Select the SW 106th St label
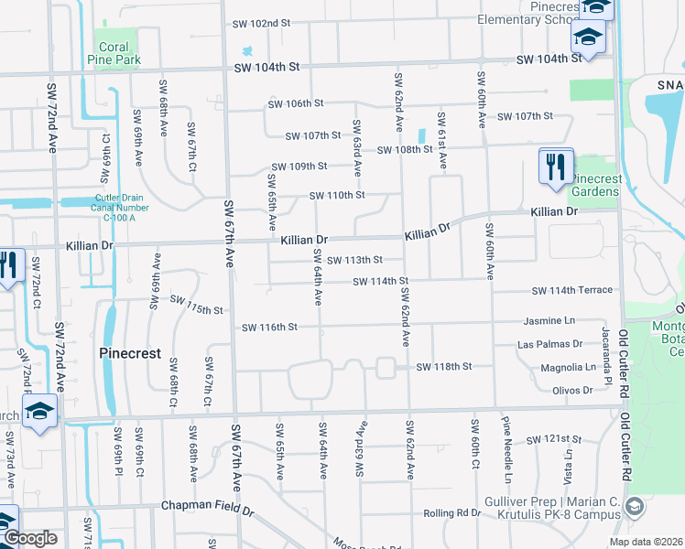[x=297, y=104]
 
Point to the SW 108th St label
[x=403, y=149]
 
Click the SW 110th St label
[x=337, y=195]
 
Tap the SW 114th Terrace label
[x=572, y=290]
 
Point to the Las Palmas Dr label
[x=549, y=344]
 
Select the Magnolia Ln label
[x=568, y=367]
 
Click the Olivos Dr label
[x=573, y=390]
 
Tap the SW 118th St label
[x=443, y=367]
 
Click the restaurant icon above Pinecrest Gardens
[x=556, y=167]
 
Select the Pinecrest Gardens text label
[x=595, y=185]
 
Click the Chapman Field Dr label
[x=202, y=505]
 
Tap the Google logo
[x=30, y=538]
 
